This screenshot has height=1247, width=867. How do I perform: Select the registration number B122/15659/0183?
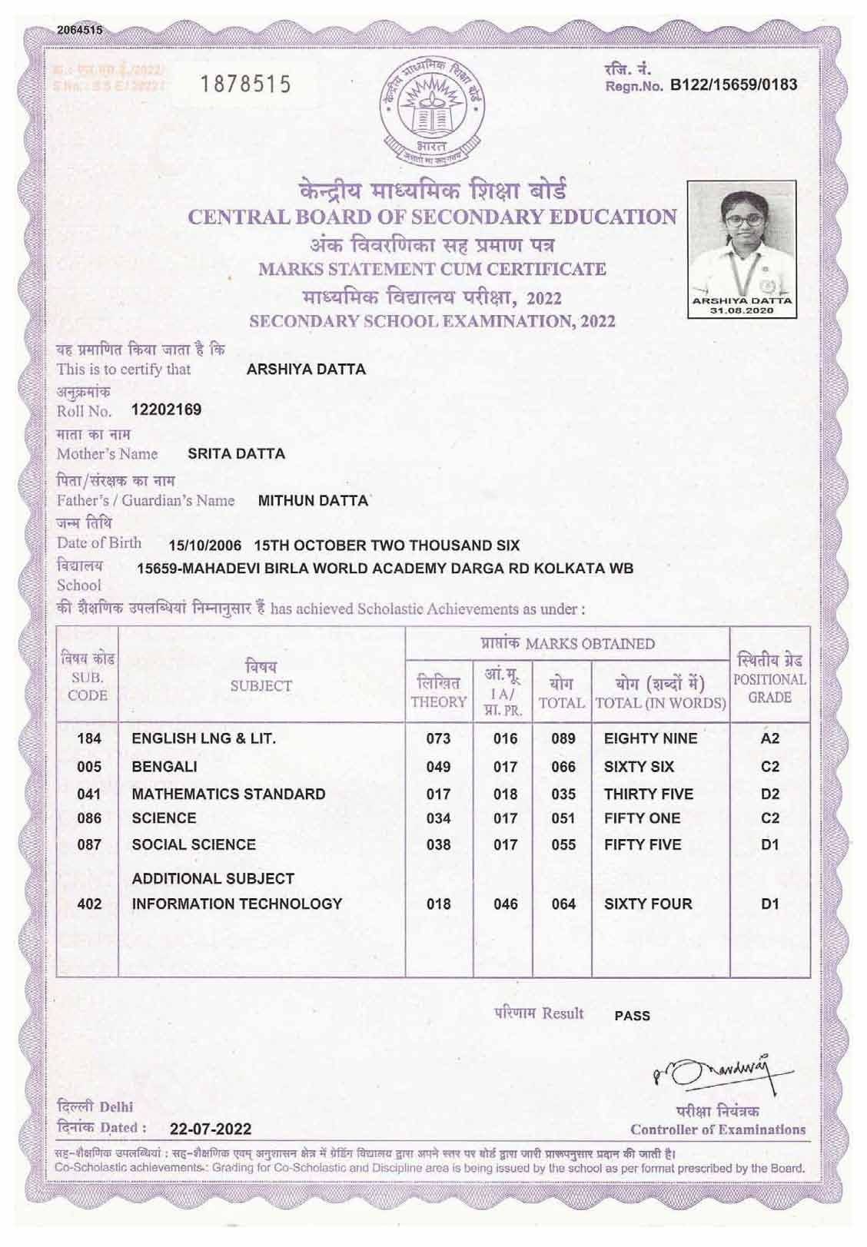(734, 85)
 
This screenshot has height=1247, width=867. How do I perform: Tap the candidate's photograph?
(742, 247)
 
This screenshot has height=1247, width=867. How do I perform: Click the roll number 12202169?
(167, 410)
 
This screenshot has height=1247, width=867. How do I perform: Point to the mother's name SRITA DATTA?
(237, 453)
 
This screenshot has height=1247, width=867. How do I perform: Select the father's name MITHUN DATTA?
(313, 501)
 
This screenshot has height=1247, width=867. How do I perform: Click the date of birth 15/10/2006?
(204, 546)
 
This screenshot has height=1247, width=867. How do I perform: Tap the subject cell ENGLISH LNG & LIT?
(204, 738)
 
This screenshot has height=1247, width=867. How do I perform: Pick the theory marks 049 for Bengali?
(438, 767)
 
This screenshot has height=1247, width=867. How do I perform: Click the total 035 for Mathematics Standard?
(563, 794)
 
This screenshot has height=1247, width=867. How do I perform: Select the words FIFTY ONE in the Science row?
(642, 818)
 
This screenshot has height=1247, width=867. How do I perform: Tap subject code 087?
(89, 844)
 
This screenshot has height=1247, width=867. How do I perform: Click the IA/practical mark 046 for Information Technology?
(505, 904)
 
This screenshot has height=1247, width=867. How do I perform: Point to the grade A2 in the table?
(769, 738)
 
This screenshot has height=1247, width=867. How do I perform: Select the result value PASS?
(633, 1016)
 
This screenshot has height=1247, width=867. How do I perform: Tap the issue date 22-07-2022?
(211, 1129)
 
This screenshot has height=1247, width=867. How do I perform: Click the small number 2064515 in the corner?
(80, 31)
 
